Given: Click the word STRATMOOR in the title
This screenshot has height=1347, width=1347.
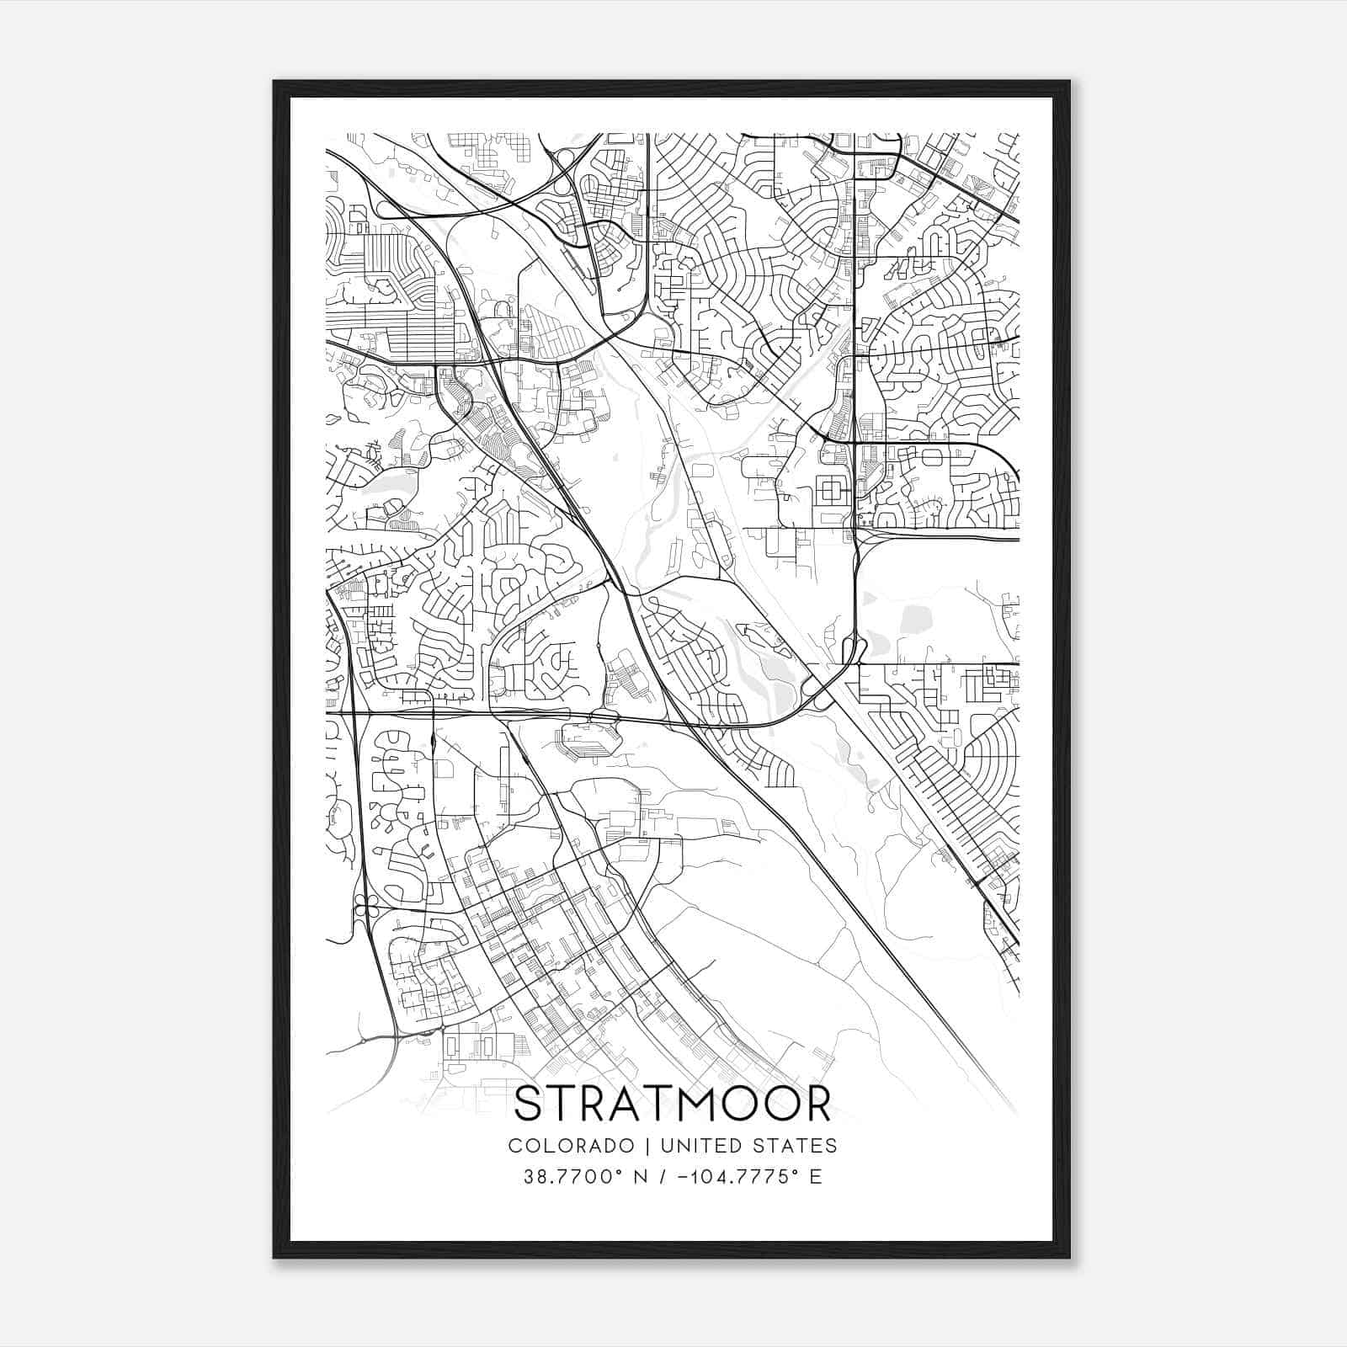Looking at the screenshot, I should (x=673, y=1104).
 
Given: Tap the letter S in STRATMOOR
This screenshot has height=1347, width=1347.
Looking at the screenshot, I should (x=528, y=1104).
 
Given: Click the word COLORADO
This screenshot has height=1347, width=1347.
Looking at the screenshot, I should (x=570, y=1146).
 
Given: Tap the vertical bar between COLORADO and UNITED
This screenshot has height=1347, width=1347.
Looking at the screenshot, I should (x=648, y=1146).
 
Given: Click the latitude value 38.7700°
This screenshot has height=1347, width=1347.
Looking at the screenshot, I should (x=572, y=1176).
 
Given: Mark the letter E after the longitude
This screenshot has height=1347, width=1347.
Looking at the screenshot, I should (x=815, y=1176).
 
